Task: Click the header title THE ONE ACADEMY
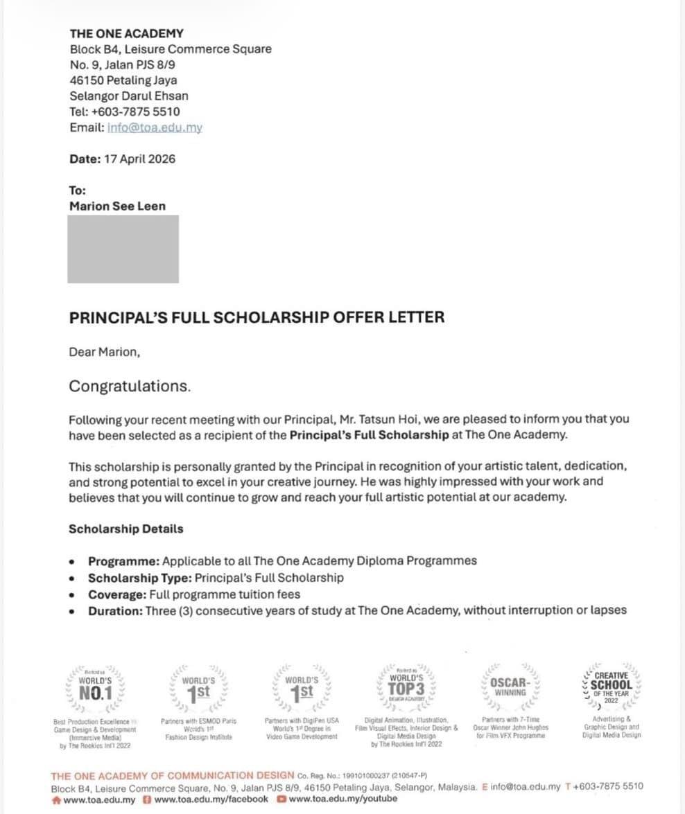tap(126, 33)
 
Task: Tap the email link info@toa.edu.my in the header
tap(155, 128)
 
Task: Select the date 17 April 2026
tap(139, 159)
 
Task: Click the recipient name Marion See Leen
tap(117, 206)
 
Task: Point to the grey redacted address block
tap(123, 249)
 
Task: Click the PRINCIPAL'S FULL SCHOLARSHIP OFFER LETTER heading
tap(257, 318)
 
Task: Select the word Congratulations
tap(129, 387)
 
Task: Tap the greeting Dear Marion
tap(104, 352)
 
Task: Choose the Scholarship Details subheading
tap(125, 529)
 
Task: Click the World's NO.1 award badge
tap(95, 688)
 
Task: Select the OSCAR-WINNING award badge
tap(510, 687)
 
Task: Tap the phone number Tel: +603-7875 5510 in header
tap(125, 112)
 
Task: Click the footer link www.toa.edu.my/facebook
tap(211, 799)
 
